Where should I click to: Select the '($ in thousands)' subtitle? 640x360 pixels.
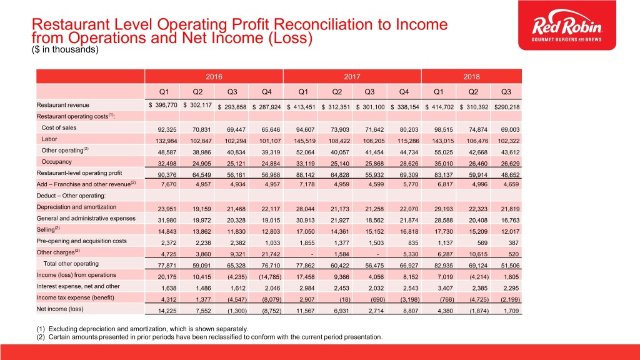point(66,51)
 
